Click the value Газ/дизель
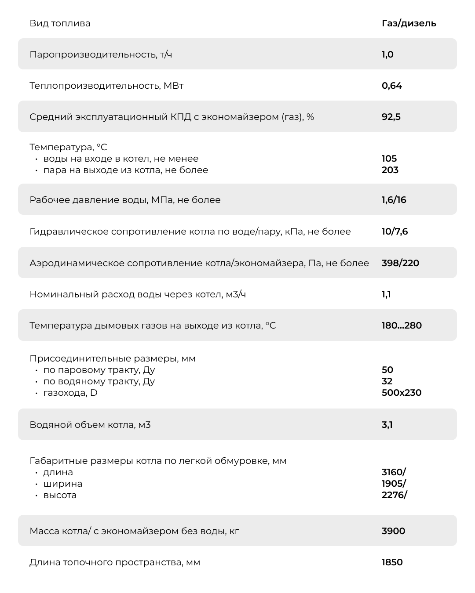tap(409, 23)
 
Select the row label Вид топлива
tap(60, 23)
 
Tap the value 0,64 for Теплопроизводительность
tap(391, 86)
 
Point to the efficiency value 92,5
tap(391, 117)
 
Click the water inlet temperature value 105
tap(389, 159)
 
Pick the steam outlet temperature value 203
tap(390, 170)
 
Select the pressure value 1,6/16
tap(394, 200)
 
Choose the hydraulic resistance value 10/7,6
tap(395, 231)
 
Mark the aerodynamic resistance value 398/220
tap(400, 263)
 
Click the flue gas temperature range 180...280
tap(402, 325)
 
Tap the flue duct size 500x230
tap(401, 393)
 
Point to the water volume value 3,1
tap(387, 425)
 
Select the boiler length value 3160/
tap(394, 472)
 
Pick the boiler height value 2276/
tap(394, 495)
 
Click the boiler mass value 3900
tap(393, 531)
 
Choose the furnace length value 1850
tap(392, 562)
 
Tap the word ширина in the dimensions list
tap(63, 484)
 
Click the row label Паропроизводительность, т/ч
tap(101, 54)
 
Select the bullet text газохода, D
tap(70, 393)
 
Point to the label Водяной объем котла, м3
tap(90, 425)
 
